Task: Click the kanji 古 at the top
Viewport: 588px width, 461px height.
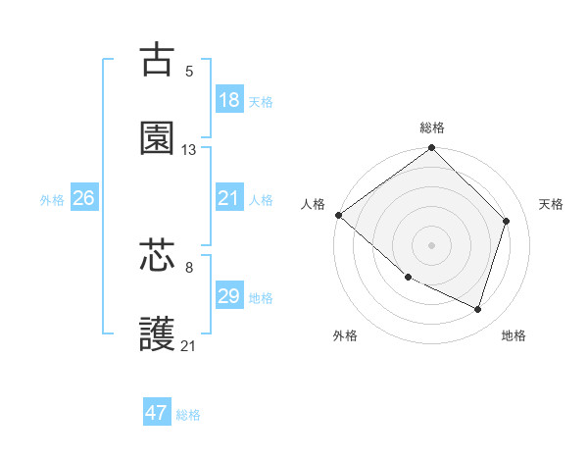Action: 157,61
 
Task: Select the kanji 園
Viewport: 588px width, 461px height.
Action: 157,139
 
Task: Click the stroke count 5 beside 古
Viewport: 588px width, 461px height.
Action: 189,71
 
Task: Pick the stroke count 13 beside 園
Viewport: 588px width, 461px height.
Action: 189,150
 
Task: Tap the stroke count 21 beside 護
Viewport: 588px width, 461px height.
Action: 189,345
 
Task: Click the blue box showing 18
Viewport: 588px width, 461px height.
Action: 229,100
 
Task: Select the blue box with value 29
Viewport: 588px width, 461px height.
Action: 229,296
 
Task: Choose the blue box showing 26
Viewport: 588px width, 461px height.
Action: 83,198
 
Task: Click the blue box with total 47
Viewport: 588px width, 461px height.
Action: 157,413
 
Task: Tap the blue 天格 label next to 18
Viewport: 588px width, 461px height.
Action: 261,101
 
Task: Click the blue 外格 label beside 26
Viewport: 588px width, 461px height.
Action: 52,199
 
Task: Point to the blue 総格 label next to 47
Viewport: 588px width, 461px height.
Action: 188,414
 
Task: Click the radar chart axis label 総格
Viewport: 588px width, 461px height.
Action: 432,128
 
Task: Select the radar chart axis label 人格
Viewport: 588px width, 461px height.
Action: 313,204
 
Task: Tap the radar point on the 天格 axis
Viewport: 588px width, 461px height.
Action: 507,221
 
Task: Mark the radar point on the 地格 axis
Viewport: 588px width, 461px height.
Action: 478,309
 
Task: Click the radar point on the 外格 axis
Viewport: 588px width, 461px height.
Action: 408,278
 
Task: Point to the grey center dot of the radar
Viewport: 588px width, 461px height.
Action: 432,244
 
